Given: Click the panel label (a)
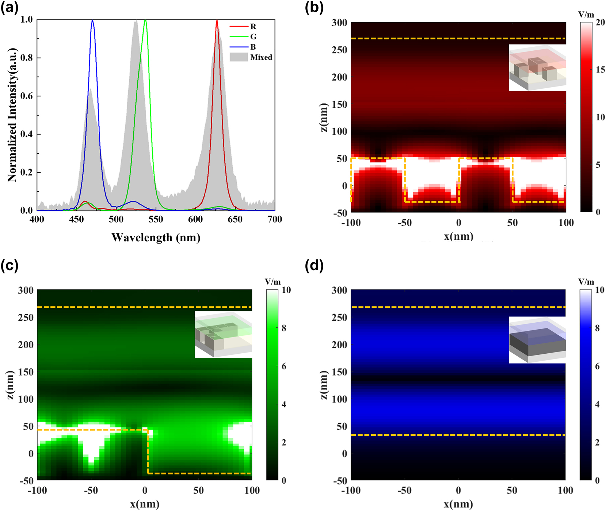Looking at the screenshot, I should [x=9, y=8].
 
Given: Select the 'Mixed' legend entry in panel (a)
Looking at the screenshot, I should [x=261, y=57].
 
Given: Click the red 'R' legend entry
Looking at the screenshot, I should [x=253, y=27].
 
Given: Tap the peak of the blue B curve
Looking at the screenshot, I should [x=92, y=20].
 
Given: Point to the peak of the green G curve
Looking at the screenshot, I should [x=145, y=20].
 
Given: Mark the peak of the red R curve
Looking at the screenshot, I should [x=217, y=20].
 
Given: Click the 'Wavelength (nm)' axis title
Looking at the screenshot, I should [x=156, y=238].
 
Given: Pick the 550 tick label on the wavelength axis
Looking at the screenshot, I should [x=156, y=219].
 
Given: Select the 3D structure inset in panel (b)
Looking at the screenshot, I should [x=537, y=68].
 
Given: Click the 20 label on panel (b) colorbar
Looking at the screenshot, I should [x=600, y=23].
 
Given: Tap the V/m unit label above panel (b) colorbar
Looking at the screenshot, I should [x=586, y=15].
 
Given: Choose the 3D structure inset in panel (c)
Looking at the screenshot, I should [x=223, y=335].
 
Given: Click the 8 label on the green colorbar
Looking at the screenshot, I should [x=284, y=328].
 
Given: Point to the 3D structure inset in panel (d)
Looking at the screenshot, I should [x=537, y=340].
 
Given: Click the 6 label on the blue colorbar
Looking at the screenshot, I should [x=597, y=366].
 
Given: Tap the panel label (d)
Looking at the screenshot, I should [x=314, y=266].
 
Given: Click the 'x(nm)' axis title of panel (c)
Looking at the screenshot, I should [x=145, y=504].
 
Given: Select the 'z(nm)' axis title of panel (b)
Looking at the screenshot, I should [x=324, y=117].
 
